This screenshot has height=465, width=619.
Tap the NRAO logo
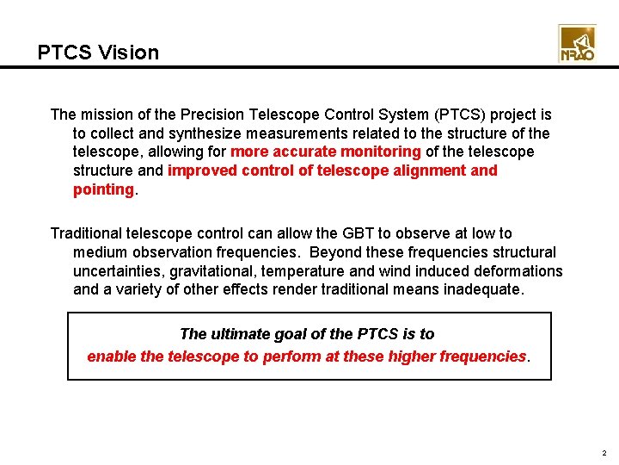(x=577, y=43)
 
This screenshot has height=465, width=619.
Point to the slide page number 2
(x=604, y=453)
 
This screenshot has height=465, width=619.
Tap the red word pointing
(x=103, y=189)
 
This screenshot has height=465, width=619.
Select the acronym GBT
(x=346, y=233)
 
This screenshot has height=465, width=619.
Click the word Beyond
(x=338, y=252)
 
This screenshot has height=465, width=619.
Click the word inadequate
(x=482, y=290)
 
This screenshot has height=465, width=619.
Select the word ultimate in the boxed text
(x=235, y=334)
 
